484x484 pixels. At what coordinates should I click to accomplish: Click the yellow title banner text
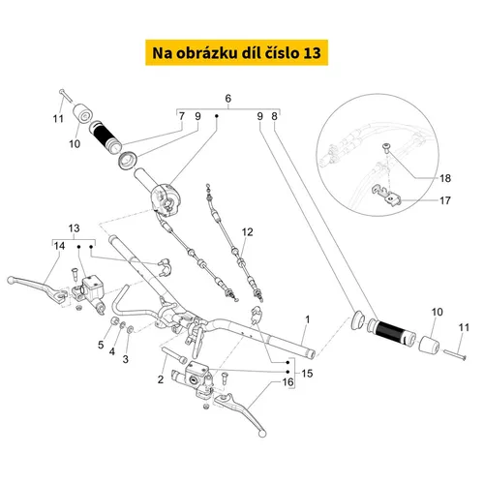[236, 53]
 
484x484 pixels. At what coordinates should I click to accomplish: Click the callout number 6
[228, 98]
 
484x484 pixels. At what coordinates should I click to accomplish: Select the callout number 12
[247, 231]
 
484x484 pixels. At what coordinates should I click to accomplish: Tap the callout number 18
[445, 178]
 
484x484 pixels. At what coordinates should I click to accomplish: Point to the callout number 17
[445, 200]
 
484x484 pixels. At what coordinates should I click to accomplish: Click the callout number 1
[308, 319]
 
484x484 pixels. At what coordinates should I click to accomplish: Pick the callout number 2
[161, 379]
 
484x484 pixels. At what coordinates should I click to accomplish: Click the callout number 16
[287, 382]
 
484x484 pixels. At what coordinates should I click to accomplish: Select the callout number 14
[59, 246]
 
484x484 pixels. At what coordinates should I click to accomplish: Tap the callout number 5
[101, 345]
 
